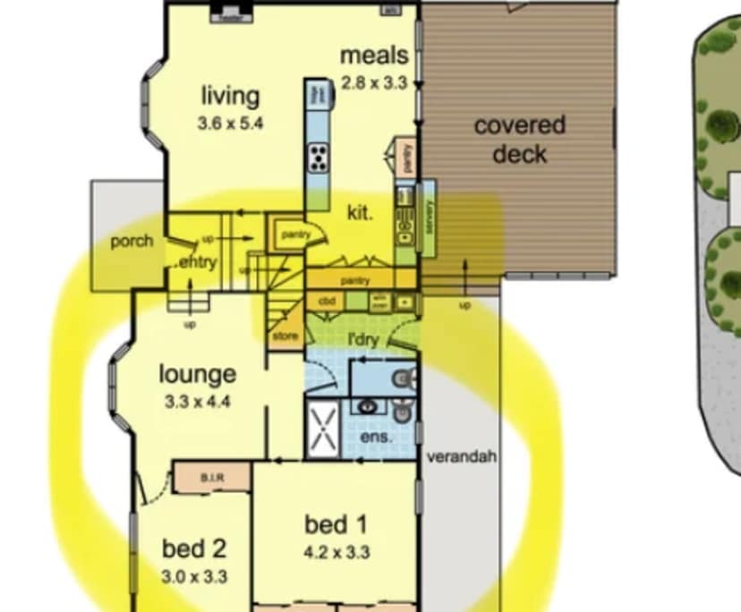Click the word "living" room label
coord(230,96)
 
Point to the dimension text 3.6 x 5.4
coord(230,123)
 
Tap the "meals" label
coord(374,55)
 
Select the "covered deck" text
coord(520,139)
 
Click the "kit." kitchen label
coord(361,212)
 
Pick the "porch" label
coord(132,242)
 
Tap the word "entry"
coord(199,262)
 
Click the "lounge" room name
coord(198,374)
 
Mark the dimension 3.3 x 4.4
coord(198,402)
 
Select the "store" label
coord(285,336)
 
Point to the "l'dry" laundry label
coord(363,339)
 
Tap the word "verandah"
coord(461,457)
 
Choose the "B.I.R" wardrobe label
coord(211,478)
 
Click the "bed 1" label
coord(336,524)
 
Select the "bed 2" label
coord(193,548)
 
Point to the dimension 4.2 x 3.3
coord(336,552)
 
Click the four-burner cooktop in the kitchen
coord(318,157)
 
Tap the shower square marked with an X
coord(323,427)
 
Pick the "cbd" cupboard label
coord(327,302)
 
